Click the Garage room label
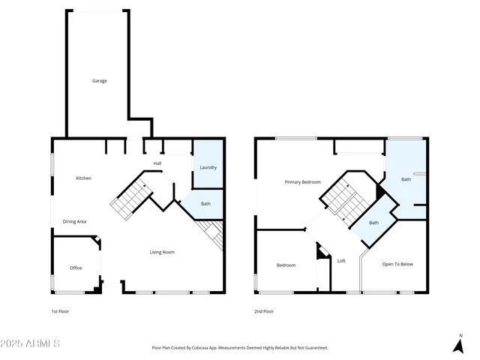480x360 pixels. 99,80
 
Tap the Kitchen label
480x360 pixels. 83,178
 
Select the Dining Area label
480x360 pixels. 74,221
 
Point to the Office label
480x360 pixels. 76,268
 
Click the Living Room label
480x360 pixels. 162,252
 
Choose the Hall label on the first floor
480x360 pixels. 157,163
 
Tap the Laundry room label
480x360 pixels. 208,167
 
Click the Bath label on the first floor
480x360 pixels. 205,203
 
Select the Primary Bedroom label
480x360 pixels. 302,182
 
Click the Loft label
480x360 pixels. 341,261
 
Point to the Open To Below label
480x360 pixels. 397,264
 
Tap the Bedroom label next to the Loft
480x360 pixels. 286,265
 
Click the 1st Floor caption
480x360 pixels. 60,311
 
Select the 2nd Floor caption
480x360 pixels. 264,311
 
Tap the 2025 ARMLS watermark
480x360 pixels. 31,343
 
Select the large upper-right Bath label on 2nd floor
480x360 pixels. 406,179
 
